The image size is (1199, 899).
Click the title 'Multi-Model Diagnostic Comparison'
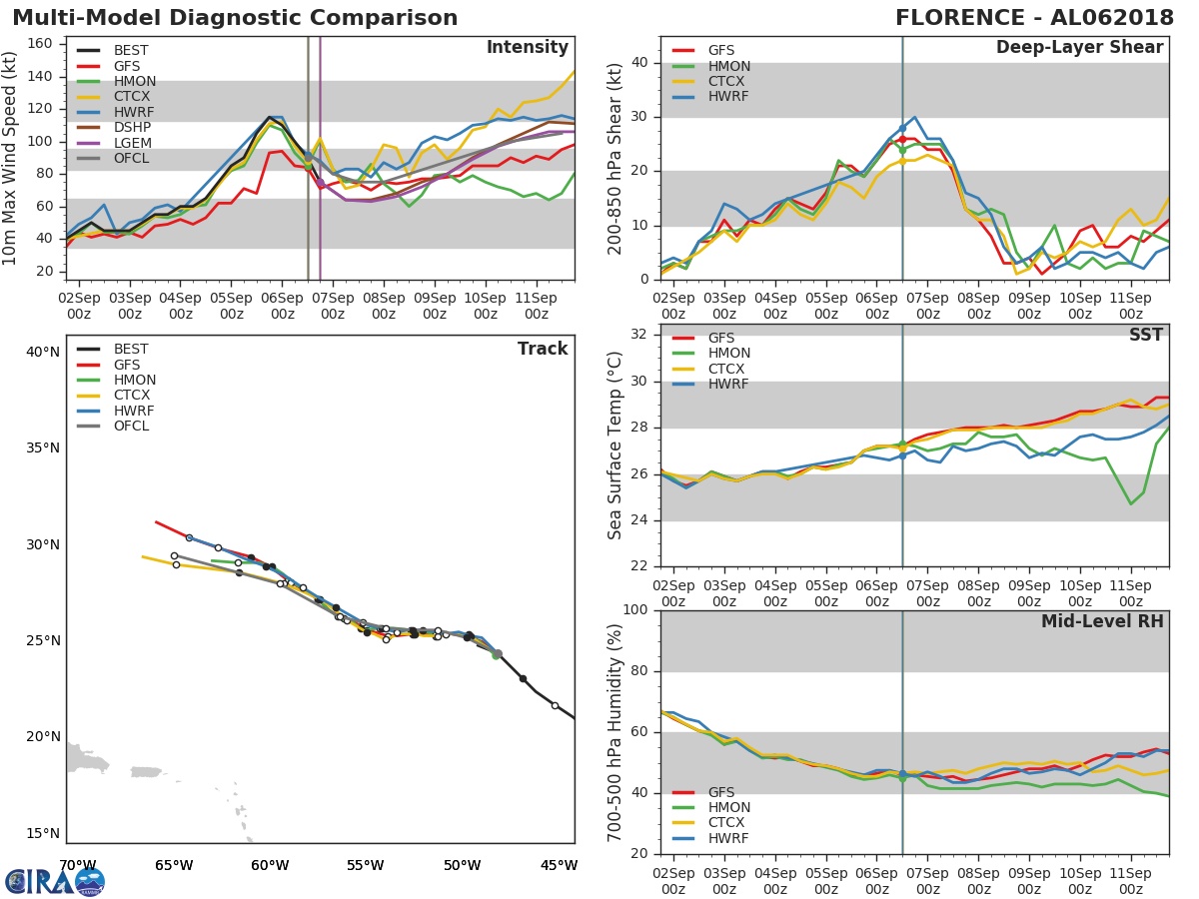tap(235, 18)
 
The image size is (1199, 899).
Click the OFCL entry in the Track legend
tap(131, 427)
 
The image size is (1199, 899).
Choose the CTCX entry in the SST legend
tap(727, 369)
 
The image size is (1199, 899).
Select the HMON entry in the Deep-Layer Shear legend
tap(728, 66)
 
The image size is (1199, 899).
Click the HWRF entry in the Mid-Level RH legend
tap(727, 839)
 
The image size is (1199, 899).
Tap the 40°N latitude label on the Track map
tap(43, 352)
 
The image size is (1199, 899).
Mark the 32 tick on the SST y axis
tap(636, 335)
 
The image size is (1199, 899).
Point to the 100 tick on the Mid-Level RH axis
tap(632, 610)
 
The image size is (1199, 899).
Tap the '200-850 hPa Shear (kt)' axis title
tap(614, 158)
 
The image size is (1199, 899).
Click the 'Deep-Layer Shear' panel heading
tap(1079, 48)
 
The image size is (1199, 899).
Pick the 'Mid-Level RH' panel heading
tap(1101, 621)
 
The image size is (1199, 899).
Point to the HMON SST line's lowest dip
tap(1131, 503)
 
